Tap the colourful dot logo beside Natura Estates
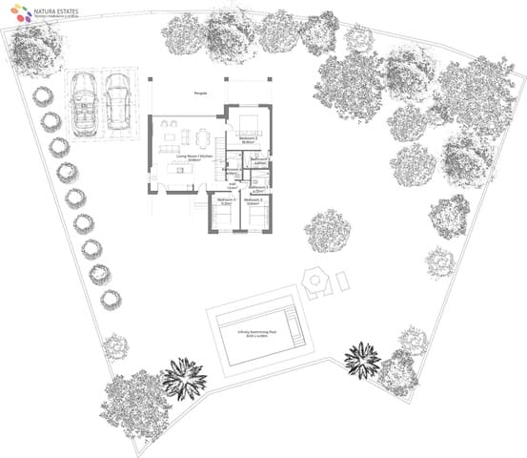tap(15, 12)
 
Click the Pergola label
tap(200, 94)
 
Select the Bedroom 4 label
tap(227, 200)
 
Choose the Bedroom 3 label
tap(253, 200)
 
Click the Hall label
tap(233, 186)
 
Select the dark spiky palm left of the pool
tap(183, 378)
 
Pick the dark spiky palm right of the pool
tap(361, 359)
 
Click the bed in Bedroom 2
tap(250, 121)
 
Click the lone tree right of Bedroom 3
tap(328, 232)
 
